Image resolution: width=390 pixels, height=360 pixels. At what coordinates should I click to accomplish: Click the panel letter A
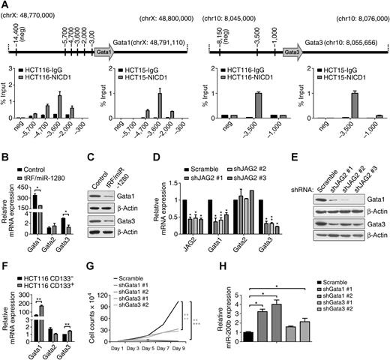click(x=6, y=6)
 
